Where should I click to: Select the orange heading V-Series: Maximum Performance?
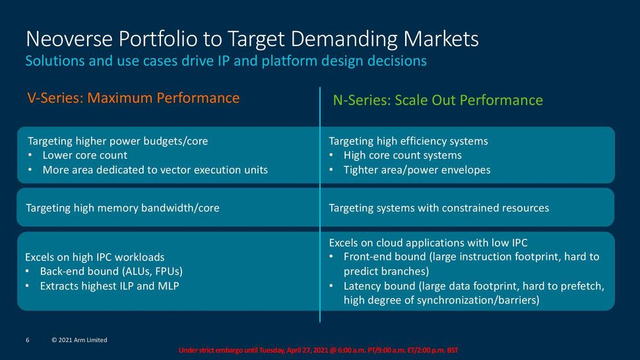point(133,98)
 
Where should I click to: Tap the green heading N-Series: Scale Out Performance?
point(437,100)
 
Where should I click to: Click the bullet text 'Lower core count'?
point(84,156)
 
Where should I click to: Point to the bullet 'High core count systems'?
point(402,156)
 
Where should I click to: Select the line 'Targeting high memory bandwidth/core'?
point(122,208)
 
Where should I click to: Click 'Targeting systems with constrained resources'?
point(438,208)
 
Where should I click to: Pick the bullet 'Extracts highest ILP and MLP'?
point(109,286)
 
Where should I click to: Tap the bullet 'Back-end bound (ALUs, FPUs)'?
point(111,272)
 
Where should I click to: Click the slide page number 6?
point(28,340)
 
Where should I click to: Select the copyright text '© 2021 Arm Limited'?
point(79,340)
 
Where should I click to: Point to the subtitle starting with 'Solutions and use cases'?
point(226,61)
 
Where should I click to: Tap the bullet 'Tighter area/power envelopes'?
point(416,170)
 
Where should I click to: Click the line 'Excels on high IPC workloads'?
point(94,257)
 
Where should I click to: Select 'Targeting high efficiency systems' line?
point(408,141)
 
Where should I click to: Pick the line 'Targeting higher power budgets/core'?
point(122,141)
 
